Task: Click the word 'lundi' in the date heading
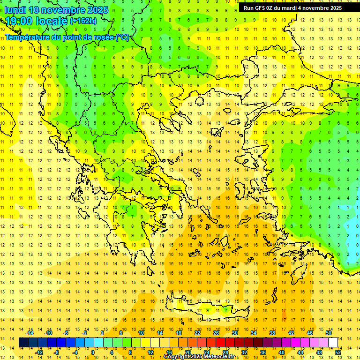pos(15,10)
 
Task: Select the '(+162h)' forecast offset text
pos(83,21)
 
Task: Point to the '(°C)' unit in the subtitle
pos(122,37)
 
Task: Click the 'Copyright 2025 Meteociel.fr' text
pos(199,356)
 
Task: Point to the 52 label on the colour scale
pos(338,352)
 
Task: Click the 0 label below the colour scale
pos(93,352)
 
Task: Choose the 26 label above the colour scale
pos(216,333)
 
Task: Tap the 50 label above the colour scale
pos(329,333)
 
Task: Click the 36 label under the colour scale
pos(263,352)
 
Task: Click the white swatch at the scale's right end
pos(333,342)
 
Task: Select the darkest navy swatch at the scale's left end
pos(23,342)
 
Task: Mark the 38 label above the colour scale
pos(272,333)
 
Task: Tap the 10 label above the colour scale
pos(141,333)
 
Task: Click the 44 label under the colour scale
pos(300,352)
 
